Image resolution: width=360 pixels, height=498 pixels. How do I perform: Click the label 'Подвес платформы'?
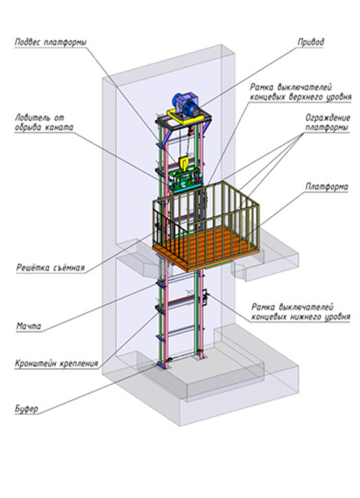click(x=51, y=43)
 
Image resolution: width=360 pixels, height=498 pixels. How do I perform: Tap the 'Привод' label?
click(x=311, y=42)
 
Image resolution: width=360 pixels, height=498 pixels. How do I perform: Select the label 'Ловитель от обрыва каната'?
click(x=44, y=123)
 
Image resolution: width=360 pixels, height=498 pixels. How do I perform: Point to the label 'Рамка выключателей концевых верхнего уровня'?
click(x=300, y=92)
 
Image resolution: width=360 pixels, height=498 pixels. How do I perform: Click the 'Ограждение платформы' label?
click(x=328, y=123)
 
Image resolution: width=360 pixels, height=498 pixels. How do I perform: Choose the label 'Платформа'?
click(x=326, y=186)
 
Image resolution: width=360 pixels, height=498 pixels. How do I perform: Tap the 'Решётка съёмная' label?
click(x=51, y=268)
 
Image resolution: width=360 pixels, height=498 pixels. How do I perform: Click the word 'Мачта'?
click(x=28, y=326)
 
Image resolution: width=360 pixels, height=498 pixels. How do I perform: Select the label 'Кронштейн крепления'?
click(x=57, y=363)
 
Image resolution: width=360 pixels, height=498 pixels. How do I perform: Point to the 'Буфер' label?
click(x=26, y=409)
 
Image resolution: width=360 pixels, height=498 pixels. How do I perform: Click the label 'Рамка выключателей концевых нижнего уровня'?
click(x=300, y=312)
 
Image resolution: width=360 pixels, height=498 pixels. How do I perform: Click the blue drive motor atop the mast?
click(x=186, y=104)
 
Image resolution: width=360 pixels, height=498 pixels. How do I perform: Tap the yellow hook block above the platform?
click(x=184, y=164)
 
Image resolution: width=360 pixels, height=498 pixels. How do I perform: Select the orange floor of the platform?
click(x=205, y=250)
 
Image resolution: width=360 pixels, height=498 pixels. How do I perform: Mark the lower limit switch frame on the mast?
click(x=205, y=297)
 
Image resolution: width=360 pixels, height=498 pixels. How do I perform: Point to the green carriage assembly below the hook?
click(x=185, y=180)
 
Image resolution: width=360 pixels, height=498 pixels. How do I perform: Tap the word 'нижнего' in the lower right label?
click(x=306, y=316)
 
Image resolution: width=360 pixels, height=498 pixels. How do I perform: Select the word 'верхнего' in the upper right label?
click(x=306, y=97)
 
